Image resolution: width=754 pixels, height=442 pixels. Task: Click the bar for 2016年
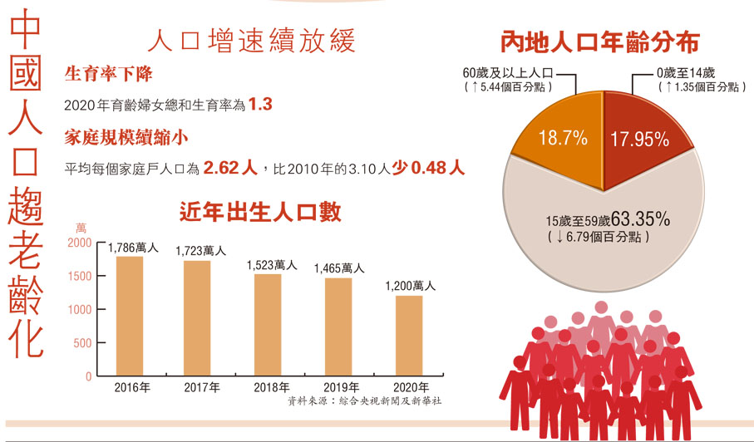[x=130, y=316]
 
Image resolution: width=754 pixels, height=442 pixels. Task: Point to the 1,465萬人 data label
[x=338, y=268]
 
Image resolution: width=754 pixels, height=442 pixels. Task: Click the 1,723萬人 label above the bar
[x=200, y=250]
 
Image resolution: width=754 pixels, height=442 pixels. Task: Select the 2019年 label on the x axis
[x=338, y=388]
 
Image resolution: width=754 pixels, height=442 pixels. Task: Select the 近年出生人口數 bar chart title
[x=259, y=213]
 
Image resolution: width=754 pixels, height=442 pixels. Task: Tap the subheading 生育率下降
[x=109, y=75]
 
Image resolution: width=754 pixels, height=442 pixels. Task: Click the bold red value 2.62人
[x=231, y=168]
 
